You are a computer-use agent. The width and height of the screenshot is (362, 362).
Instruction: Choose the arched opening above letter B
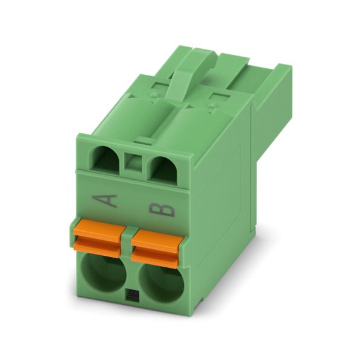pyautogui.click(x=164, y=168)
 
